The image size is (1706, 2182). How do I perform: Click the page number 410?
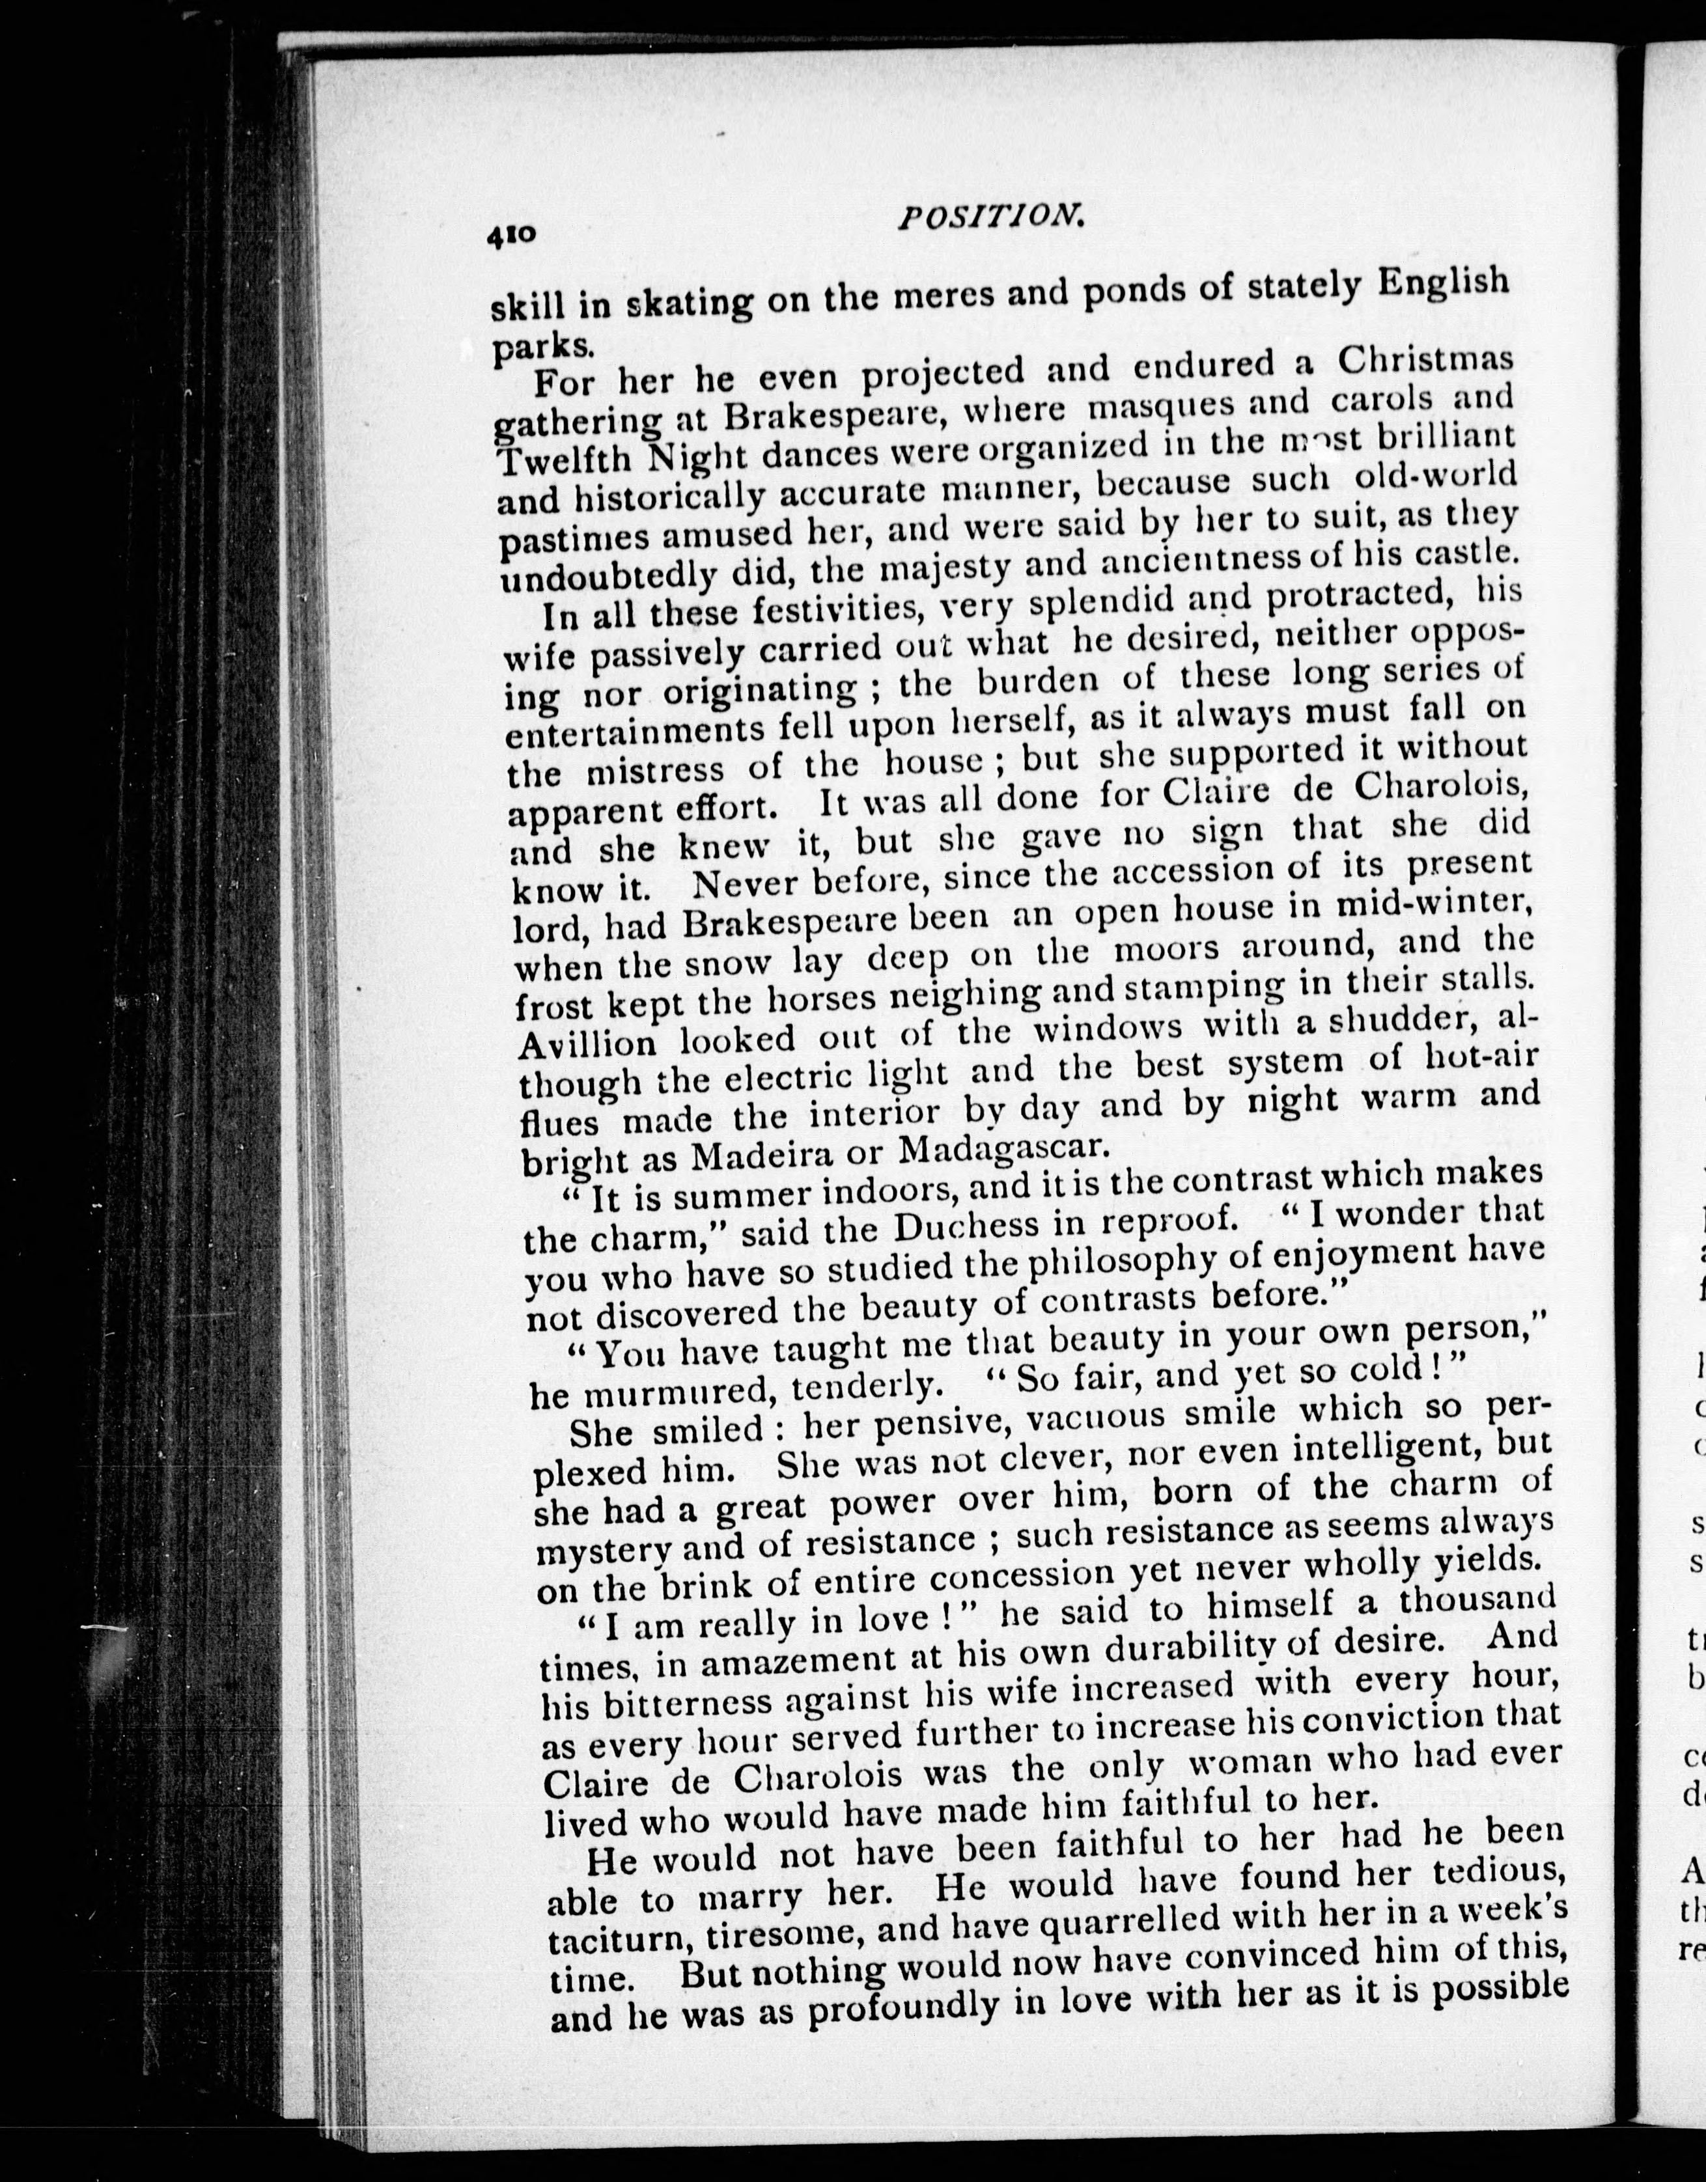click(x=512, y=236)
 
